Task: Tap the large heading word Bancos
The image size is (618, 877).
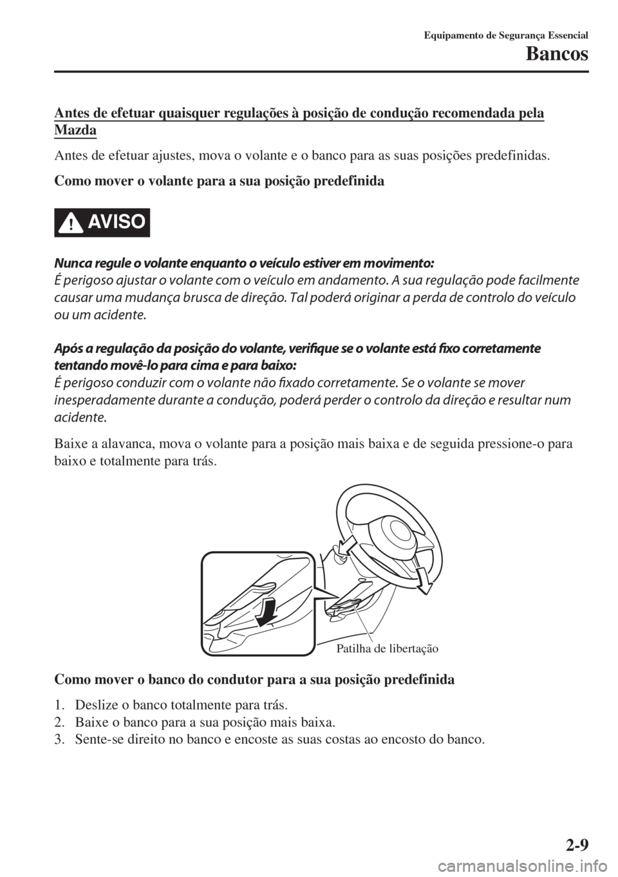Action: click(556, 55)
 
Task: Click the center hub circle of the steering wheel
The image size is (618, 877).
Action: click(393, 534)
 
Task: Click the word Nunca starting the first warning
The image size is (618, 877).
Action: click(67, 263)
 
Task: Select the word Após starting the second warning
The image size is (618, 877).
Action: click(64, 348)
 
